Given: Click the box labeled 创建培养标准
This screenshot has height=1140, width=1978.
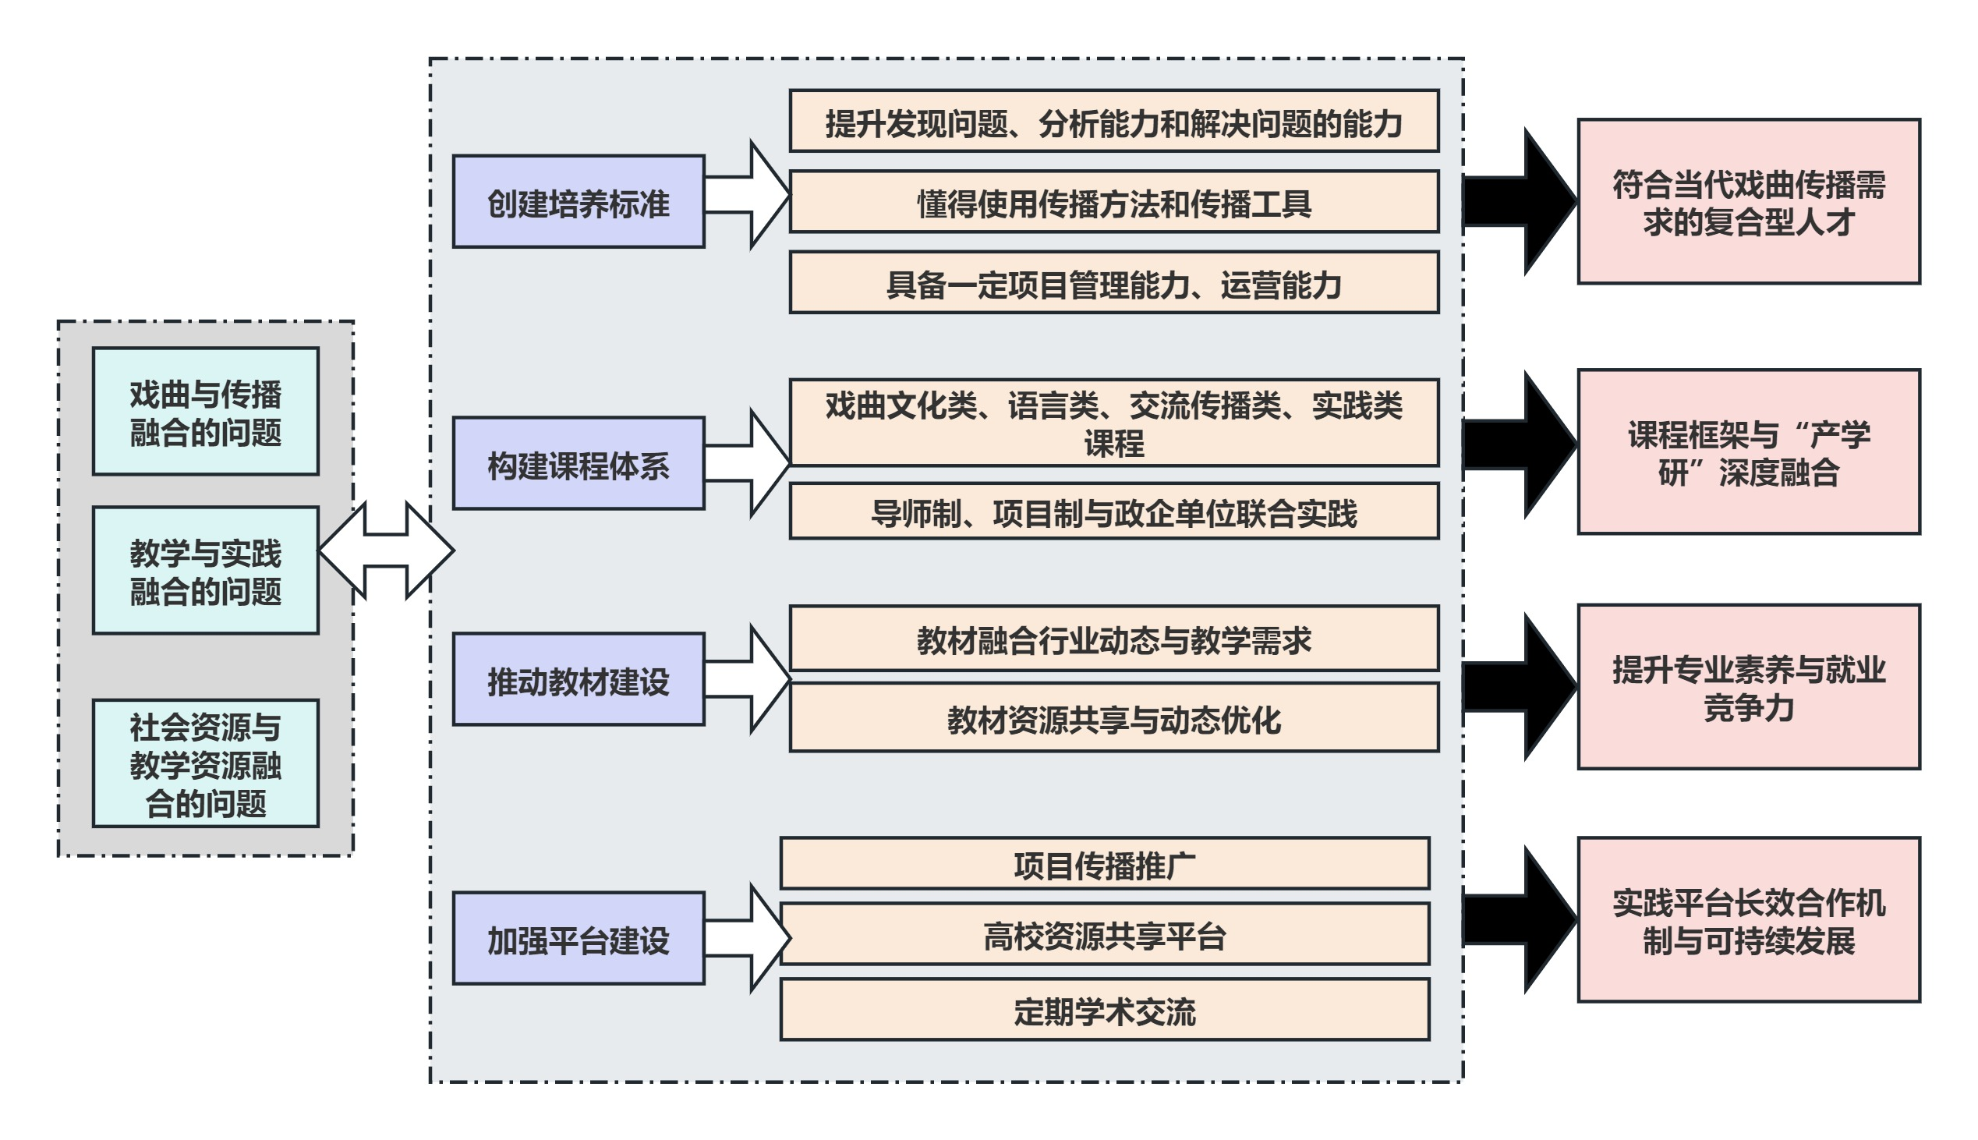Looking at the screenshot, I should click(578, 202).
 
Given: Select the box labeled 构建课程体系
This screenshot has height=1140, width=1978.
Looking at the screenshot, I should click(578, 463).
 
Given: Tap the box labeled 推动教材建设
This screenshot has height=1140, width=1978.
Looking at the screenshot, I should click(578, 680).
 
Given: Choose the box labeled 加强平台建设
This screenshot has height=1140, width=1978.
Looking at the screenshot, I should click(578, 938).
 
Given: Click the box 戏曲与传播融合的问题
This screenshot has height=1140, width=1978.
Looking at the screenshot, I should click(205, 412).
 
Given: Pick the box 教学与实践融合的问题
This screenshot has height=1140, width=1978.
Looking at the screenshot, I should click(205, 571).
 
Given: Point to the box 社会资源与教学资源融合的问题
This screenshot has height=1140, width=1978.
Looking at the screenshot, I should click(205, 763).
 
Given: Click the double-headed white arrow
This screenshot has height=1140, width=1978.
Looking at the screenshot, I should click(386, 551).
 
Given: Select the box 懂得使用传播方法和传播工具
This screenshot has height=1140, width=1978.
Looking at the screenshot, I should click(1113, 202).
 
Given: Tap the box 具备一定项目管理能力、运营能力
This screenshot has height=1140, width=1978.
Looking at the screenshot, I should click(1113, 282).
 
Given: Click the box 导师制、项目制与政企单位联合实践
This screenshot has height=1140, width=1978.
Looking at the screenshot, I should click(1113, 512).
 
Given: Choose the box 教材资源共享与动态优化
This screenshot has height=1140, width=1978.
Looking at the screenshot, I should click(1113, 717).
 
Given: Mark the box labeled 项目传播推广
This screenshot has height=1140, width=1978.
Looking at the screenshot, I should click(1104, 864).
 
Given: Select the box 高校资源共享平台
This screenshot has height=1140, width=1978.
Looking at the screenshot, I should click(1104, 934).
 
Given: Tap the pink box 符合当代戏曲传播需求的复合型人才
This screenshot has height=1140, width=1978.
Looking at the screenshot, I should click(1748, 202).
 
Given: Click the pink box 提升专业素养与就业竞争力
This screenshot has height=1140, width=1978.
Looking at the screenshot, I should click(1748, 687).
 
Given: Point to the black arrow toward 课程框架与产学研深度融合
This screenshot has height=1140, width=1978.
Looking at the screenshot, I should click(1519, 444).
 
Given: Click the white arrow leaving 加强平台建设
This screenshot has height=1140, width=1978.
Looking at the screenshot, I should click(748, 938).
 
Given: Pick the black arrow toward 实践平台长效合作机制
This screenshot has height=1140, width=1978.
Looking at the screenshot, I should click(1519, 920).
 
